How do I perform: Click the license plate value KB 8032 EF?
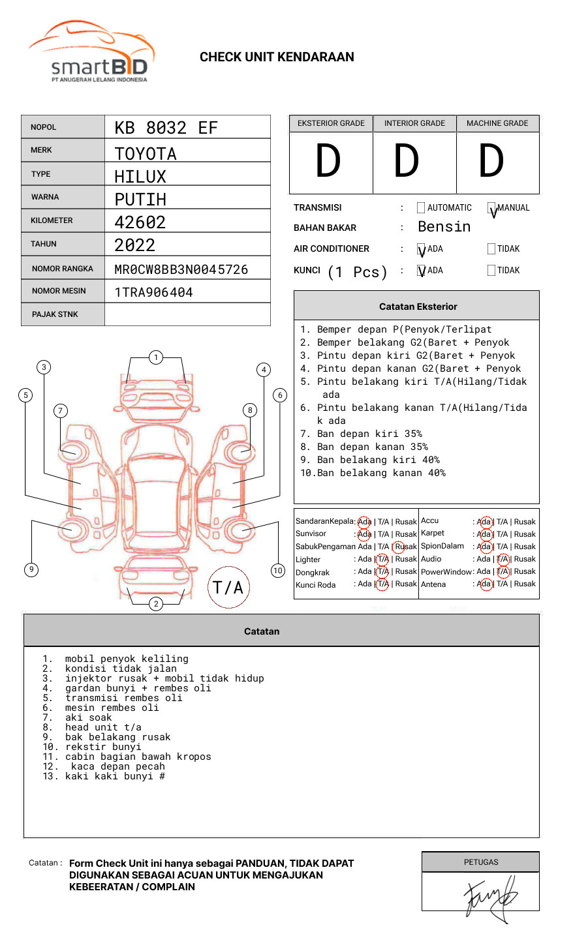pos(166,128)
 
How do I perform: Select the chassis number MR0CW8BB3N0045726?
pos(181,269)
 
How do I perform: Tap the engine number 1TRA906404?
pos(153,292)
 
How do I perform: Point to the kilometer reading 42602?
pos(140,222)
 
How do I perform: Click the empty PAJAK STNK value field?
pos(187,314)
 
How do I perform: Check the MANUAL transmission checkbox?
pos(491,208)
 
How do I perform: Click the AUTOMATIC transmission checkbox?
pos(421,208)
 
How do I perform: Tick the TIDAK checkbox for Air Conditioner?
pos(491,249)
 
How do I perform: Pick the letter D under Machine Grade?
pos(491,161)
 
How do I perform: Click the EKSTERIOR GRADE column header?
pos(331,123)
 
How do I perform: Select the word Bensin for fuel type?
pos(444,227)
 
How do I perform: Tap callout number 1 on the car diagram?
pos(155,357)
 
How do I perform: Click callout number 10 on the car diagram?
pos(278,571)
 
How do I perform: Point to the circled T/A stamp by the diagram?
pos(228,588)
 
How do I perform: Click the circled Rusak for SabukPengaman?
pos(405,547)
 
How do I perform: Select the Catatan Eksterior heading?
pos(418,307)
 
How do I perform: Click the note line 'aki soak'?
pos(88,717)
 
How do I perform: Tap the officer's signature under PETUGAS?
pos(490,897)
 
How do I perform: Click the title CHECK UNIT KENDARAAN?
pos(277,57)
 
